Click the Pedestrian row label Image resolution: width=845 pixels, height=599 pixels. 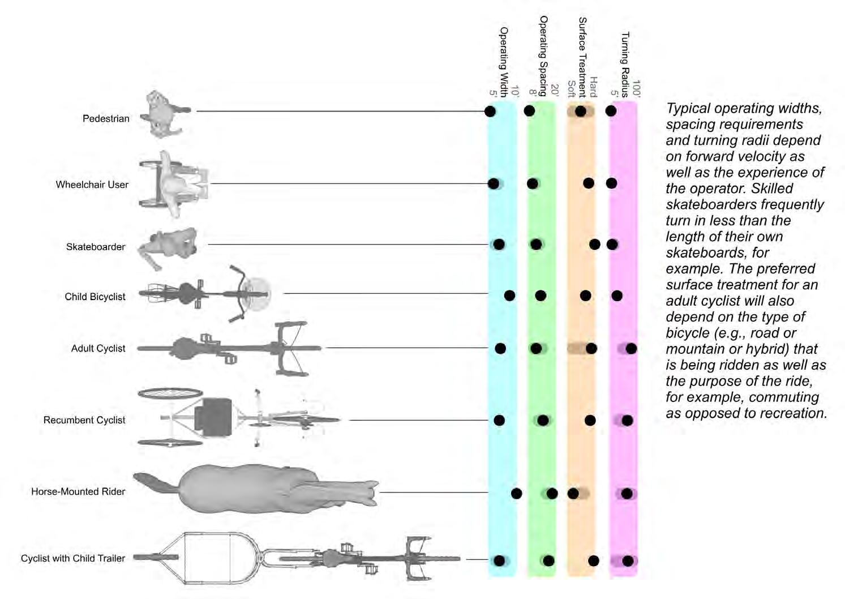pyautogui.click(x=106, y=118)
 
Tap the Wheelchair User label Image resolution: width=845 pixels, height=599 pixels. pyautogui.click(x=92, y=185)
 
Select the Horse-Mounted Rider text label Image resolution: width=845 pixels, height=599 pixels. pyautogui.click(x=78, y=491)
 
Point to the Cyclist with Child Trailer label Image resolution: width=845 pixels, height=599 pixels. pyautogui.click(x=73, y=558)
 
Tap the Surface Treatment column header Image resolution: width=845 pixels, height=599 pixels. pyautogui.click(x=582, y=57)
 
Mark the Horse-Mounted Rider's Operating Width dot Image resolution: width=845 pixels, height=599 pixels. pyautogui.click(x=516, y=493)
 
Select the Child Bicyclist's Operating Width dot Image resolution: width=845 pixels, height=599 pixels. pyautogui.click(x=509, y=295)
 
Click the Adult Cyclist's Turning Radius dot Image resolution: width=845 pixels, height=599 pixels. pyautogui.click(x=631, y=348)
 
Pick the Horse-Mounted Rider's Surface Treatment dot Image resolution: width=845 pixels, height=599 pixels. pyautogui.click(x=573, y=493)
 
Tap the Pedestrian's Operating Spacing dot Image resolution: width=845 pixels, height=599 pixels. pyautogui.click(x=529, y=110)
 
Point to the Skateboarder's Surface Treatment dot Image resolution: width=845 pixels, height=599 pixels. pyautogui.click(x=594, y=244)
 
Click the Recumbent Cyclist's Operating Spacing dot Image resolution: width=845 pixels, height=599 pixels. pyautogui.click(x=543, y=420)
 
